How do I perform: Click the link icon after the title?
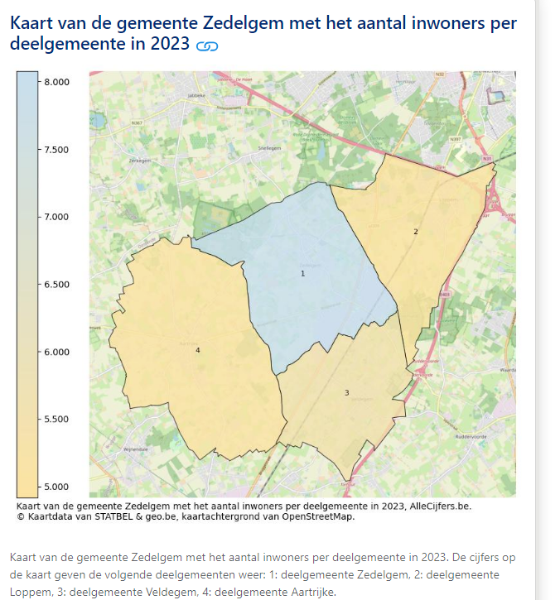click(x=207, y=46)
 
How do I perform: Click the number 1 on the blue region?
click(x=302, y=272)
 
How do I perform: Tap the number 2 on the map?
click(x=416, y=232)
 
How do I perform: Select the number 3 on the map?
click(x=346, y=392)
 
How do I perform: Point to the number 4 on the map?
click(x=198, y=351)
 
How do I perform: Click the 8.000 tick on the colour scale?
click(x=57, y=82)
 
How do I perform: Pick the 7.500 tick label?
click(x=57, y=150)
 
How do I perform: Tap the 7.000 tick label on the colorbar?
click(x=57, y=217)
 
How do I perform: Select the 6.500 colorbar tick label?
click(x=57, y=285)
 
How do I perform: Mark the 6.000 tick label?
click(x=57, y=352)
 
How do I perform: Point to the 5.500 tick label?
click(x=57, y=420)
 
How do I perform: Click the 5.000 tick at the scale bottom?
click(x=57, y=487)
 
